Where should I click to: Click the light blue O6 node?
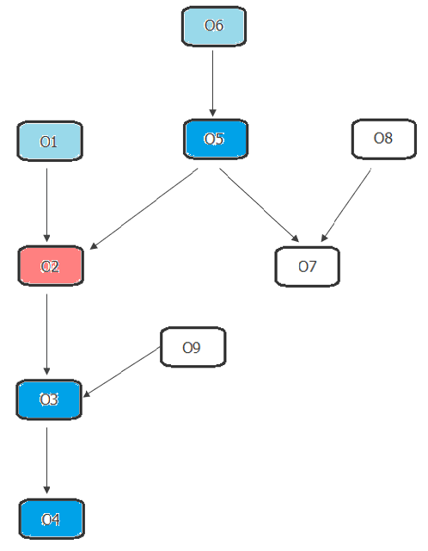[x=214, y=26]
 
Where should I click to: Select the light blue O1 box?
[x=50, y=141]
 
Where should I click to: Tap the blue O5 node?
[x=216, y=139]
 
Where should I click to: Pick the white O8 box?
[x=384, y=139]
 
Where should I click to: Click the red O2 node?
[x=51, y=266]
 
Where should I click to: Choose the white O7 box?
[x=307, y=266]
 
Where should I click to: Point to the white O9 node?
[x=193, y=347]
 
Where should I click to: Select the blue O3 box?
[x=49, y=399]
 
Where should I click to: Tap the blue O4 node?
[x=52, y=518]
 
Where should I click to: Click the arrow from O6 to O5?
[x=212, y=84]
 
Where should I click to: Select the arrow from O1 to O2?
[x=46, y=205]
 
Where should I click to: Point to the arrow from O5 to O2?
[x=144, y=208]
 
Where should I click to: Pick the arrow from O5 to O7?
[x=260, y=205]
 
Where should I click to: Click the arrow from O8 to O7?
[x=345, y=205]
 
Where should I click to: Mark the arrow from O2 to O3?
[x=46, y=334]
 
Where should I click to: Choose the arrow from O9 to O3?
[x=122, y=372]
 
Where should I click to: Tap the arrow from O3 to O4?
[x=46, y=461]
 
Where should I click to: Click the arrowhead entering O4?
[x=46, y=490]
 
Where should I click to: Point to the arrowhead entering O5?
[x=212, y=113]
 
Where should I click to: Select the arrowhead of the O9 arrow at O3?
[x=86, y=394]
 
